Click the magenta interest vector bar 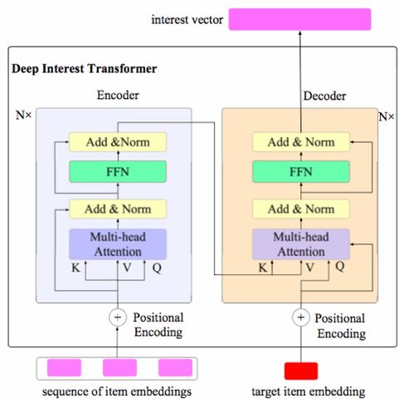[x=300, y=19]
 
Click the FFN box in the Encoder [x=118, y=172]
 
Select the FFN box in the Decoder [x=301, y=172]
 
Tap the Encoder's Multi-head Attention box [x=118, y=244]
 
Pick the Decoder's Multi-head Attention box [x=301, y=244]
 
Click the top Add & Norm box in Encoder [x=118, y=142]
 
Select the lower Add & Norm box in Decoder [x=301, y=209]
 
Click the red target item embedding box [x=301, y=371]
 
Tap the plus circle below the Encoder [x=118, y=317]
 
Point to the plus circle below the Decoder [x=301, y=317]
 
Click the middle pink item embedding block [x=119, y=367]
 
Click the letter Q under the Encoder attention [x=157, y=268]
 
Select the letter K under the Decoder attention [x=262, y=268]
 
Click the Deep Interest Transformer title [x=85, y=69]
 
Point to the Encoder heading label [x=118, y=95]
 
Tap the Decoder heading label [x=324, y=96]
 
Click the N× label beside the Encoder [x=24, y=115]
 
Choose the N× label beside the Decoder [x=387, y=116]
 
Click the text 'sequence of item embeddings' [x=117, y=391]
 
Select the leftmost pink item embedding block [x=64, y=367]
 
